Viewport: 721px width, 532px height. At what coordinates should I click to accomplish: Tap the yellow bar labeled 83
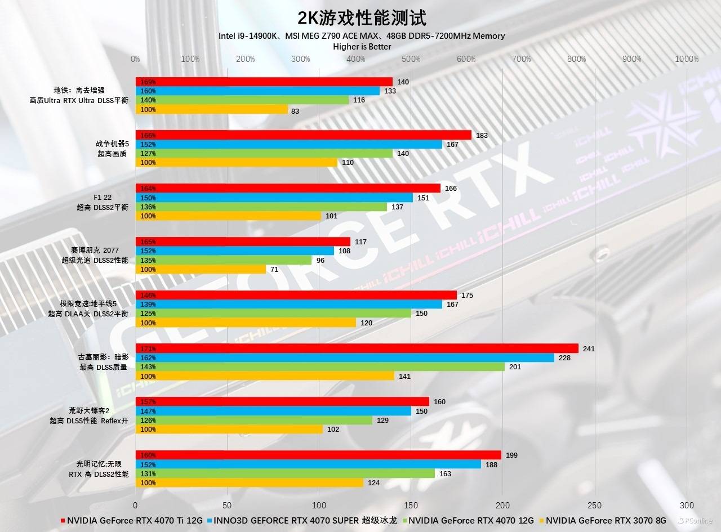211,109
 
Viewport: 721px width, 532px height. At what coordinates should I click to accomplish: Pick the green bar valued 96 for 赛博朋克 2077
223,260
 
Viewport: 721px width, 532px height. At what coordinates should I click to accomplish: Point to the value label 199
511,455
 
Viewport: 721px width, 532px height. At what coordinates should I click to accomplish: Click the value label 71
274,270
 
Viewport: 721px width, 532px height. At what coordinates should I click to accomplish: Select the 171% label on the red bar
148,348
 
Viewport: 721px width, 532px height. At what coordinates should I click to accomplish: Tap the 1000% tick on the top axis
687,59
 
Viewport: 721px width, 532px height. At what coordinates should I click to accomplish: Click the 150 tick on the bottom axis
411,505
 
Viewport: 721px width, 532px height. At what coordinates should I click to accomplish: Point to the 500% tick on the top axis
411,59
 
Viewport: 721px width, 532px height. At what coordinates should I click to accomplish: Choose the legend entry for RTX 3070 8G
602,520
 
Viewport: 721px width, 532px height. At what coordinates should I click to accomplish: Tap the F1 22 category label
103,198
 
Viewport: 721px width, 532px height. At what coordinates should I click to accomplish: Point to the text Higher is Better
362,46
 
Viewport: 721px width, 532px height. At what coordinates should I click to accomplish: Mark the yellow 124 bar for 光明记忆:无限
249,482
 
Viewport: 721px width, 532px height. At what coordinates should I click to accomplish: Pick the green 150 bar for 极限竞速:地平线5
273,313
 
